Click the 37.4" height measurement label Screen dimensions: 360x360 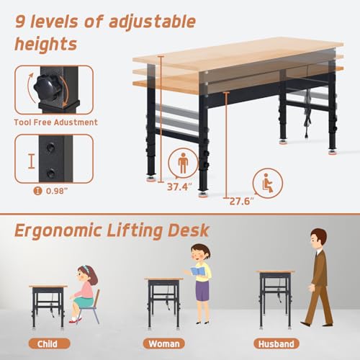179,186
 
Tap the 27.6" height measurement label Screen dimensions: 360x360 241,201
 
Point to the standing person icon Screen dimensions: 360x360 183,163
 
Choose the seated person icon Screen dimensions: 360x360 268,183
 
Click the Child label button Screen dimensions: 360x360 49,343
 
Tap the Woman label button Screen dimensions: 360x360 164,343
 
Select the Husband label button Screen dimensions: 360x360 276,343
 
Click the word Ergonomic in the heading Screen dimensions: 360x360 58,231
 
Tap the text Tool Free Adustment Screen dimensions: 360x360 56,122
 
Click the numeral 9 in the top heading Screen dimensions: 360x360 20,21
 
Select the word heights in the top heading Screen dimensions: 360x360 46,44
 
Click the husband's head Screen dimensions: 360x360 318,238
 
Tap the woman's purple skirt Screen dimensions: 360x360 202,290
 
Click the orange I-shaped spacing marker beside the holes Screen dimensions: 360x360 31,161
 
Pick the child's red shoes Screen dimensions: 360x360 75,320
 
